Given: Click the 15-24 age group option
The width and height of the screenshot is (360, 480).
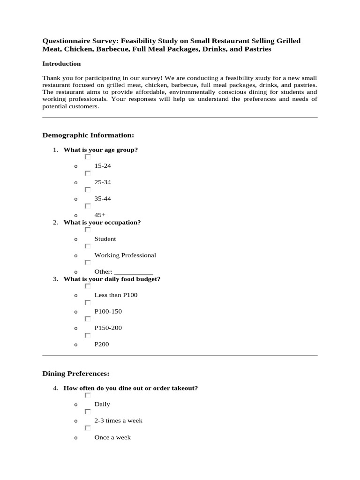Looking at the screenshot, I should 103,166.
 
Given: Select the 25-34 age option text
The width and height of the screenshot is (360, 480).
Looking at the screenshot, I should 103,182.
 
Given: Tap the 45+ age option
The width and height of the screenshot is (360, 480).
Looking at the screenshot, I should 100,215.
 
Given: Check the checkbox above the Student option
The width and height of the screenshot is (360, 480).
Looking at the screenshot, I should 88,230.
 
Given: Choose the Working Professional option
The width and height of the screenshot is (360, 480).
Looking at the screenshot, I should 125,255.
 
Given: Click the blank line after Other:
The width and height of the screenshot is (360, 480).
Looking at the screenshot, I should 134,272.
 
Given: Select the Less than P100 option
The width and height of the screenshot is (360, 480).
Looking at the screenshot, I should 116,295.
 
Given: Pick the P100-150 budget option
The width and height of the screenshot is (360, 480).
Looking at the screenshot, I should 108,312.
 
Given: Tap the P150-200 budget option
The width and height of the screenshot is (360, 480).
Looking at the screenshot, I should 108,328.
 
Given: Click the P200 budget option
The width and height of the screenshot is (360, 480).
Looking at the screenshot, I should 102,345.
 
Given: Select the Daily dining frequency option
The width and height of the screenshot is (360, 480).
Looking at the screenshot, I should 102,404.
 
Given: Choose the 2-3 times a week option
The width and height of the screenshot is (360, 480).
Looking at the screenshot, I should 118,421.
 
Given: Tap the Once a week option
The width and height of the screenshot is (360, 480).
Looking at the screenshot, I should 112,437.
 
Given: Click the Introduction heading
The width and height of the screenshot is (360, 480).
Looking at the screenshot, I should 61,64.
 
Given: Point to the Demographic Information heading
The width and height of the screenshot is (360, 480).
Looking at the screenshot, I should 88,135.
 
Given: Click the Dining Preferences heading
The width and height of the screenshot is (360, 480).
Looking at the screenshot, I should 76,374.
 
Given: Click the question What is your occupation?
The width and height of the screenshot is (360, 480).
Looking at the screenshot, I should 102,223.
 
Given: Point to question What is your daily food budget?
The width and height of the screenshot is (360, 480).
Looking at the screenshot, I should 112,279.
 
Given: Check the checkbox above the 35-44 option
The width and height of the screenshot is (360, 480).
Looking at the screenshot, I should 88,190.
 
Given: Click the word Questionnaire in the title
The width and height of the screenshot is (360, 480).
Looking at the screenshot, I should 64,41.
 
